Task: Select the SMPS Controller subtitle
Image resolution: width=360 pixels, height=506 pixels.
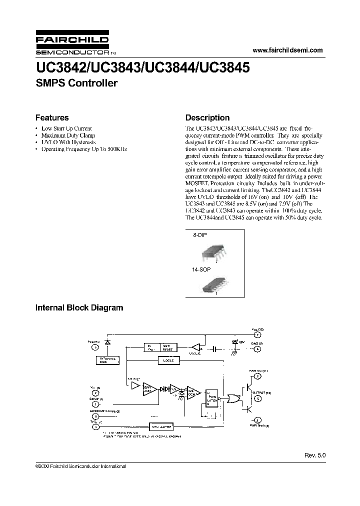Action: (x=76, y=83)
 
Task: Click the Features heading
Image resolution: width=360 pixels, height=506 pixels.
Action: (x=52, y=118)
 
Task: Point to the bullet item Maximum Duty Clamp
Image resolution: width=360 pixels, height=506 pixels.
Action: (x=68, y=135)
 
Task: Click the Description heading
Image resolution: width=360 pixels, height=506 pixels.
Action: (x=207, y=118)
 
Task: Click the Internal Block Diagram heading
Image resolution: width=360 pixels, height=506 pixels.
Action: (x=79, y=308)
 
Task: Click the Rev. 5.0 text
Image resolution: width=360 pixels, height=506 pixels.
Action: (x=314, y=455)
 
